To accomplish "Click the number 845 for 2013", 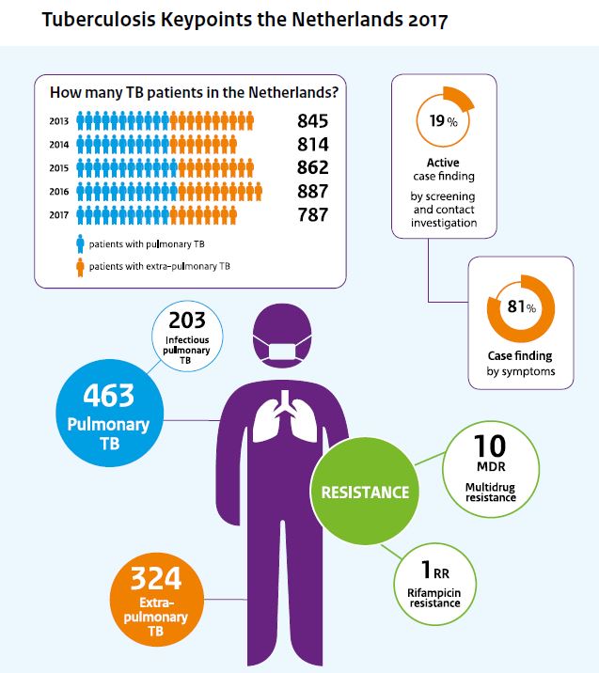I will [312, 121].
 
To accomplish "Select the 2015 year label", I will [59, 168].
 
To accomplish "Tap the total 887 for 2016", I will [312, 192].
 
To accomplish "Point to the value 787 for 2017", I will [312, 215].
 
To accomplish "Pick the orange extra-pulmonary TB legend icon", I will [80, 267].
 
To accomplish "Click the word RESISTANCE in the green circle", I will [365, 492].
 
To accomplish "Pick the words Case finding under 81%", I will [519, 356].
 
